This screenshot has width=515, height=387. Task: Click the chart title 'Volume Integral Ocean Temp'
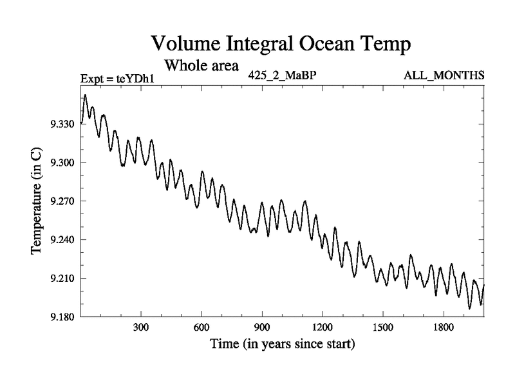[280, 44]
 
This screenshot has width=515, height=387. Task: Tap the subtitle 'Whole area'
[201, 65]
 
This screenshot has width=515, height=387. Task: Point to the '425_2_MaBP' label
[282, 75]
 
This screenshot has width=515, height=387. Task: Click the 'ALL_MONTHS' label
[444, 75]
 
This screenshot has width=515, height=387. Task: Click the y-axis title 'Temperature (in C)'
[37, 201]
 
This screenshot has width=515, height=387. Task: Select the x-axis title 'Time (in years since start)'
[282, 344]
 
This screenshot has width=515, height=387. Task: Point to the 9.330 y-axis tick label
[63, 124]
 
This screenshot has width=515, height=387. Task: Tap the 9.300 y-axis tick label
[63, 163]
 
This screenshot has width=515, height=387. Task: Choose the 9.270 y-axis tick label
[63, 201]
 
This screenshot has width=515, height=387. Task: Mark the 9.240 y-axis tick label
[63, 240]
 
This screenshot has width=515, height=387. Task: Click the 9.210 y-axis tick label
[63, 279]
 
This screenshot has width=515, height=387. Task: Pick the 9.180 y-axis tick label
[63, 317]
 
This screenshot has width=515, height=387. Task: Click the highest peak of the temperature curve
[85, 95]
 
